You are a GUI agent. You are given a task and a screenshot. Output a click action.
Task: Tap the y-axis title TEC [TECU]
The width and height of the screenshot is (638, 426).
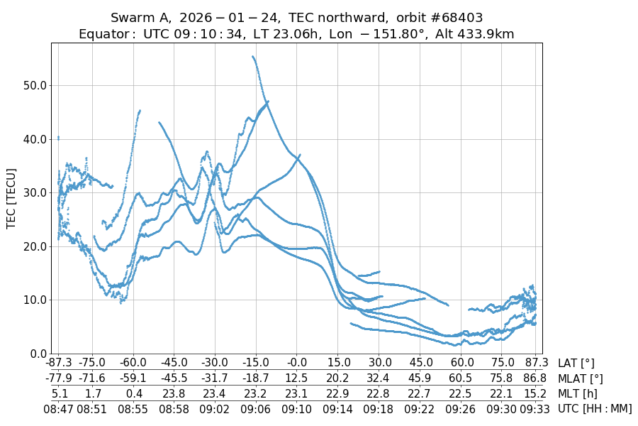click(x=11, y=198)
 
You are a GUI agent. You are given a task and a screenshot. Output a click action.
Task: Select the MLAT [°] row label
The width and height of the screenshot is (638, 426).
click(x=581, y=379)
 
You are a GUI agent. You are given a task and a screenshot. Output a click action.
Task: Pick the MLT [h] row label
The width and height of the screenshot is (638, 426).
click(x=578, y=394)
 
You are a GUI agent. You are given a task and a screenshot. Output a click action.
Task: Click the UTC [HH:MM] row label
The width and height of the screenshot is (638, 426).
click(x=595, y=409)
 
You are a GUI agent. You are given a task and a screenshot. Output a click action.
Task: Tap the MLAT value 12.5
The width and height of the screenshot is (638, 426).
click(x=296, y=379)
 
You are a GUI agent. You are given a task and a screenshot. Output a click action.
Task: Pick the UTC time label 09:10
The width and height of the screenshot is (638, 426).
click(x=296, y=409)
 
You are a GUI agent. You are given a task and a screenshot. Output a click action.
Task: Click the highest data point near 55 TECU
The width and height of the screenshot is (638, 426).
click(x=253, y=57)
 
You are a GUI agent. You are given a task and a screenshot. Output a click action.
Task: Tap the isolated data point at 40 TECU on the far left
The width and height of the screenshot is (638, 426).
click(x=58, y=138)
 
